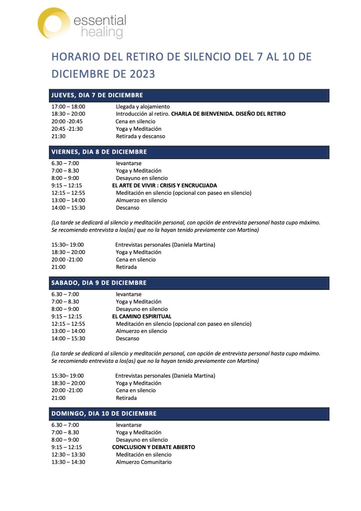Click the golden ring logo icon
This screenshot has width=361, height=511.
(x=54, y=23)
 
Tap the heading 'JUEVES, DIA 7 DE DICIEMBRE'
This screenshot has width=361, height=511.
(x=97, y=95)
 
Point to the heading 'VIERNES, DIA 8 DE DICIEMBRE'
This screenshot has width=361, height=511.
(x=99, y=152)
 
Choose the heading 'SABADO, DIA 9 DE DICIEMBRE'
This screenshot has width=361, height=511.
(x=99, y=283)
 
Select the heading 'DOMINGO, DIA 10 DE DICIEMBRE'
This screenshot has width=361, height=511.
(x=104, y=414)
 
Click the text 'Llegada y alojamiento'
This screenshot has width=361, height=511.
(x=143, y=107)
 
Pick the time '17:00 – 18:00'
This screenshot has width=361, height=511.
(x=68, y=107)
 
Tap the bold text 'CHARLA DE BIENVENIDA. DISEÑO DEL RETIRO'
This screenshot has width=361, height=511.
(x=228, y=114)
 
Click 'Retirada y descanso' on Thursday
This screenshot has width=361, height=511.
(x=141, y=136)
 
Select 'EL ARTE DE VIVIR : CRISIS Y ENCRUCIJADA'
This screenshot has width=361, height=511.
(x=165, y=186)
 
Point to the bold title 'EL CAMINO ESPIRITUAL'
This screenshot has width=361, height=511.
(x=142, y=316)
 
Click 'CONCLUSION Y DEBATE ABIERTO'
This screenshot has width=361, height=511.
(x=154, y=448)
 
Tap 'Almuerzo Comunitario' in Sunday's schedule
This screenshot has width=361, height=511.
(x=144, y=462)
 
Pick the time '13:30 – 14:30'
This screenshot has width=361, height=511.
(x=68, y=462)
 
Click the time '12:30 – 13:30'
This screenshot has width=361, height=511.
(x=68, y=455)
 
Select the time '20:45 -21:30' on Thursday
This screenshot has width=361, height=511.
(x=67, y=129)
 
